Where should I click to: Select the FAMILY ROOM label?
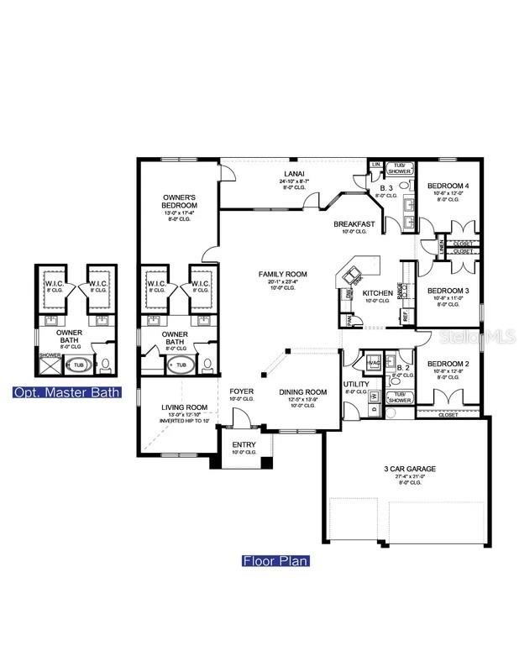click(x=282, y=274)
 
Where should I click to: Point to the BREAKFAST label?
click(x=353, y=224)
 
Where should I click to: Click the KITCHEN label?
click(x=378, y=292)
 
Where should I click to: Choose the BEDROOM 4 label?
click(x=448, y=185)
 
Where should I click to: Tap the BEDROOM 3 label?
click(x=448, y=291)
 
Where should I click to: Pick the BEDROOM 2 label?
click(x=448, y=364)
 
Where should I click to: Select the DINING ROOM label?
click(x=302, y=391)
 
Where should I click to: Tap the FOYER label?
click(x=242, y=391)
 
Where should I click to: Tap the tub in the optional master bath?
click(x=77, y=365)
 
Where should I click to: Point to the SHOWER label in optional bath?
click(x=50, y=354)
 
